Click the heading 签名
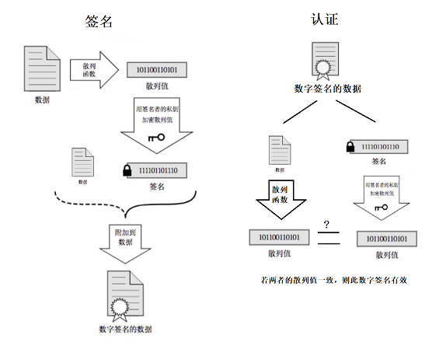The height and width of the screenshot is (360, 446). (99, 21)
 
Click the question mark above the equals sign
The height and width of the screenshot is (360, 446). (327, 225)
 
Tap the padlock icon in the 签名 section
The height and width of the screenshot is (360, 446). (126, 170)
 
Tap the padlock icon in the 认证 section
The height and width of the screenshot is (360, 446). (350, 146)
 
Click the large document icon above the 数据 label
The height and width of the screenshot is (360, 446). (43, 68)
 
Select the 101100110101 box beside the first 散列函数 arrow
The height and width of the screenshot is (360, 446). (157, 71)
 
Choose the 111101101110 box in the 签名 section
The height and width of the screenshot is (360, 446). (158, 170)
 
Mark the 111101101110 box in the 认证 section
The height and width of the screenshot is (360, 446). (381, 146)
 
